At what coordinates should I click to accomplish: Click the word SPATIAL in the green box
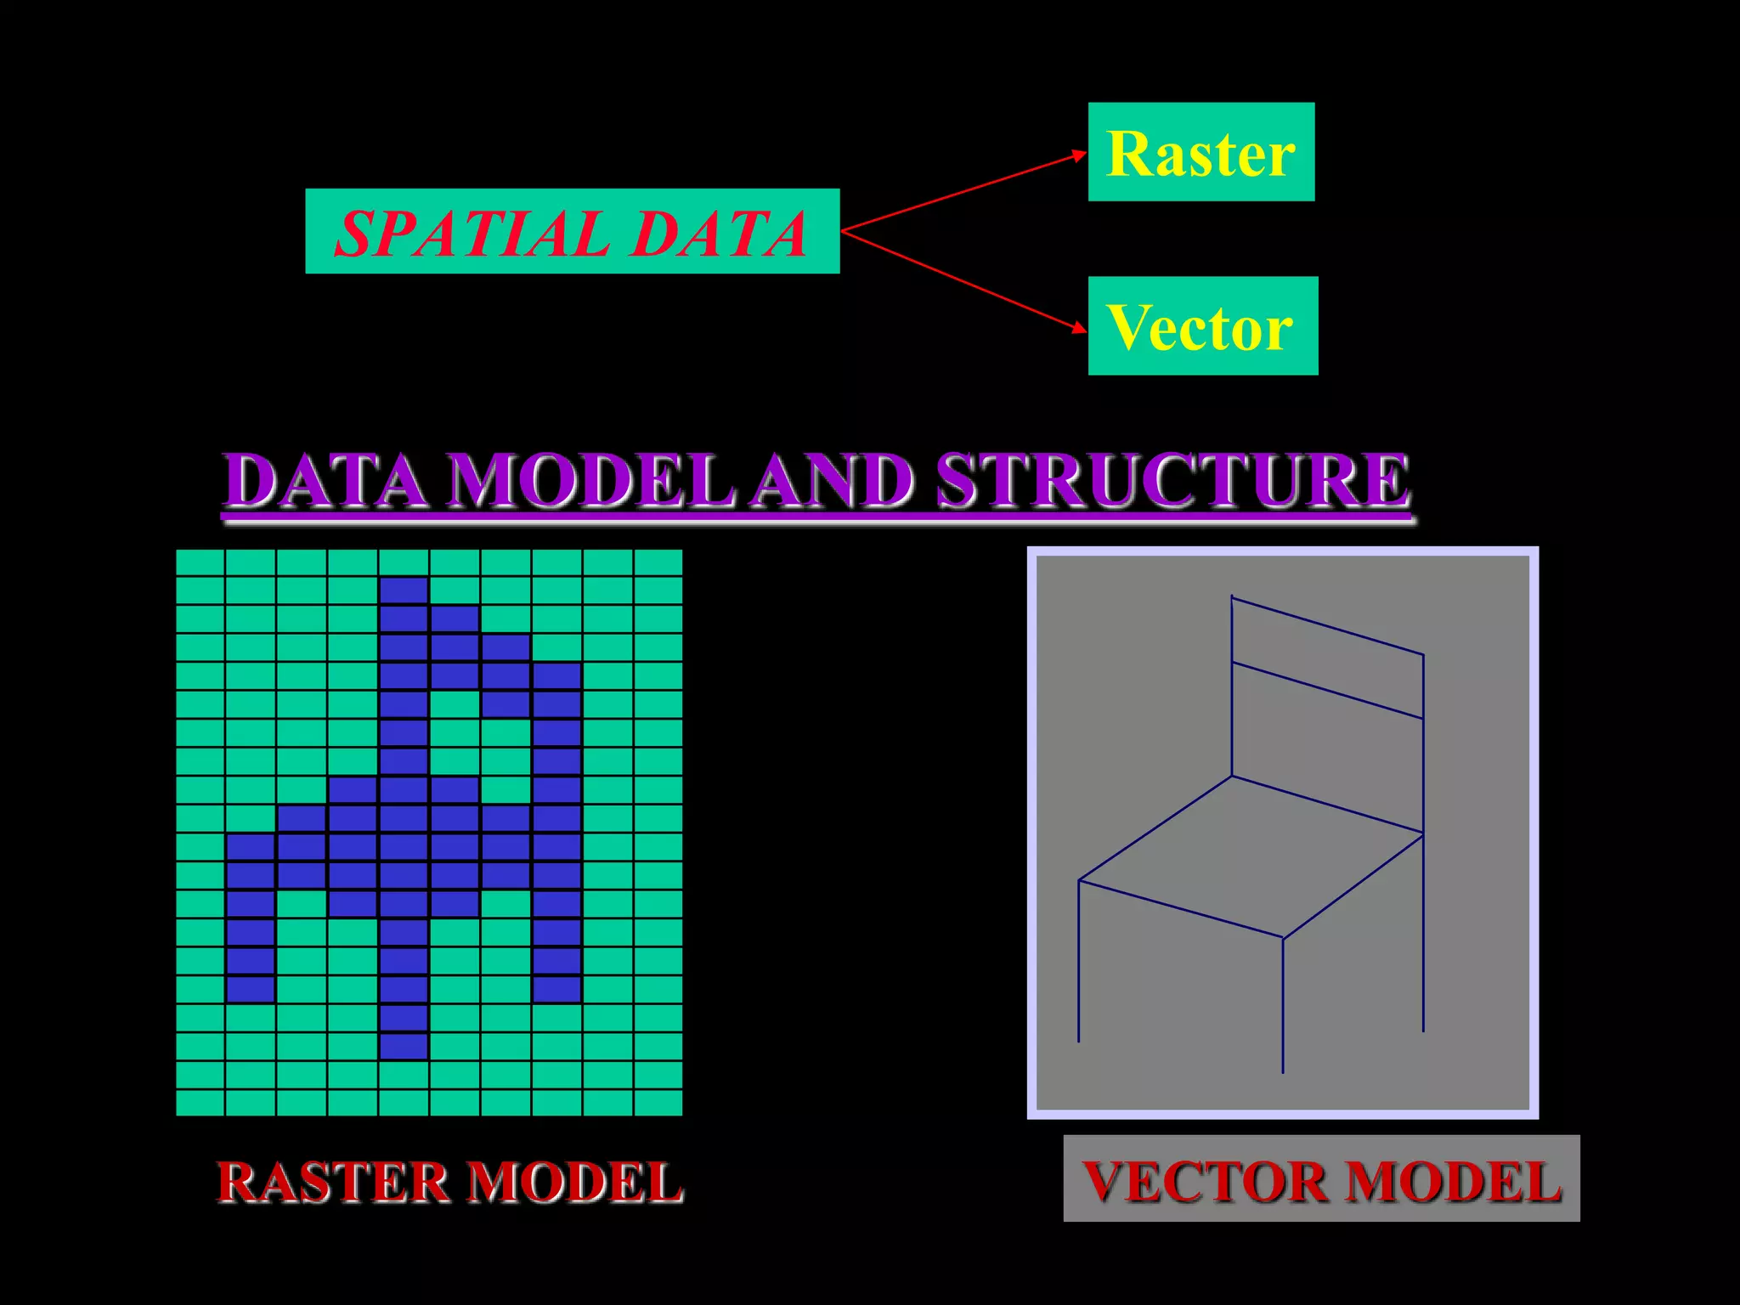472,234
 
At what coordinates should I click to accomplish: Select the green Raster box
1200,152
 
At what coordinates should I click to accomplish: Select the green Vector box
1202,325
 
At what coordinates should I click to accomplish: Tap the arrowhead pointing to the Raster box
1080,155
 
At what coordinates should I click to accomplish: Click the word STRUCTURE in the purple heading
1172,482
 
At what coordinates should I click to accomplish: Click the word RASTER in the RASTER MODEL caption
332,1182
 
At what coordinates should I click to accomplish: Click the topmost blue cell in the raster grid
404,590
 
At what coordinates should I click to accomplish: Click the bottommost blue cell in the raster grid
404,1046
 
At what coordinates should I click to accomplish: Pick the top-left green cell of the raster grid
200,562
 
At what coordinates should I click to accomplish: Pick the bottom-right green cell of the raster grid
658,1103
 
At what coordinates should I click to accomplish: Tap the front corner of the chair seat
1283,938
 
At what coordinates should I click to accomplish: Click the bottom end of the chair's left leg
1079,1041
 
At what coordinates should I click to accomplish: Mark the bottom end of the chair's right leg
1423,1031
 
